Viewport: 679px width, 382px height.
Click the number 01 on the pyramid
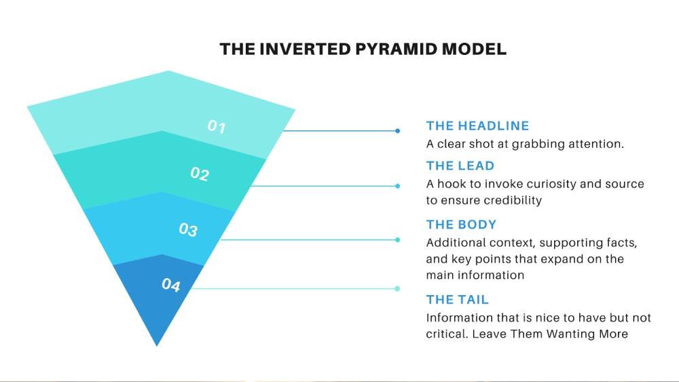tap(217, 126)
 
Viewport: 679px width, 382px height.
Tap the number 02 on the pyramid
tap(200, 174)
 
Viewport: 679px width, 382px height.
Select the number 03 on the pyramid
tap(188, 229)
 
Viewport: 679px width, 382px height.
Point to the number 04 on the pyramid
tap(171, 285)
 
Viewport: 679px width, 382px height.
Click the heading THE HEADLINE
tap(477, 126)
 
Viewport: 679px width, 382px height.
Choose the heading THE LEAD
tap(460, 166)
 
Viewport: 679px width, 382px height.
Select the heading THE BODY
tap(461, 225)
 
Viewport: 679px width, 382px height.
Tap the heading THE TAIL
tap(457, 299)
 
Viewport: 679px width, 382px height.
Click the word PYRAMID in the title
tap(397, 49)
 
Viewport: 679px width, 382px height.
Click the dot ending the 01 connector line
tap(397, 131)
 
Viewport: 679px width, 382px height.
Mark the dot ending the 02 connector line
tap(397, 186)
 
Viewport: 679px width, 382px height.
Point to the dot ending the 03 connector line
tap(397, 240)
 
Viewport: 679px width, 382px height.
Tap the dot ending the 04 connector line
tap(397, 288)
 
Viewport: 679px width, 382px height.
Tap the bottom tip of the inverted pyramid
tap(157, 345)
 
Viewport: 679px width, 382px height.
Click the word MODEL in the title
tap(474, 49)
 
